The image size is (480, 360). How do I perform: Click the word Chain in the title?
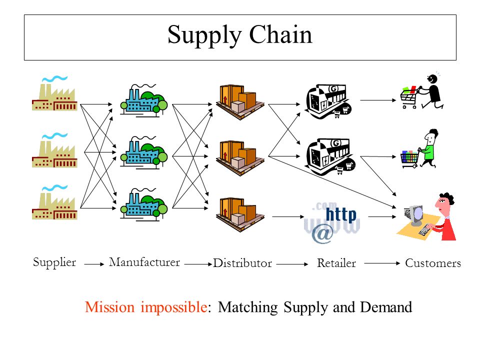click(280, 35)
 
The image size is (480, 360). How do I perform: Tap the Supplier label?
click(54, 262)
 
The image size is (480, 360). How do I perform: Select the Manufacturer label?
click(144, 262)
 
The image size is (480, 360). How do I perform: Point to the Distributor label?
click(242, 263)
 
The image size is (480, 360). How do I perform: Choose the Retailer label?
click(336, 263)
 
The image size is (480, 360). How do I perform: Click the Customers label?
click(433, 263)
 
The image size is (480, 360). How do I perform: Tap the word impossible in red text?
click(174, 307)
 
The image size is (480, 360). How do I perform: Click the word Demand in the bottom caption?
click(386, 307)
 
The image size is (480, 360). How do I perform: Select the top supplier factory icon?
click(54, 93)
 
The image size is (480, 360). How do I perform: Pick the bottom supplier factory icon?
click(54, 202)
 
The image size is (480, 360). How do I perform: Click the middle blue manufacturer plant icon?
click(143, 152)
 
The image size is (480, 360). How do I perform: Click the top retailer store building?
click(328, 101)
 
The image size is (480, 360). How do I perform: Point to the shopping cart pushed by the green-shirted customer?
click(409, 159)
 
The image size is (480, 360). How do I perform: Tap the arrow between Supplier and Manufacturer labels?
click(94, 264)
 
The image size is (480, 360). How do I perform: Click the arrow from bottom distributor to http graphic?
click(288, 216)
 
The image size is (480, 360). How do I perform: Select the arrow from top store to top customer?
click(378, 100)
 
